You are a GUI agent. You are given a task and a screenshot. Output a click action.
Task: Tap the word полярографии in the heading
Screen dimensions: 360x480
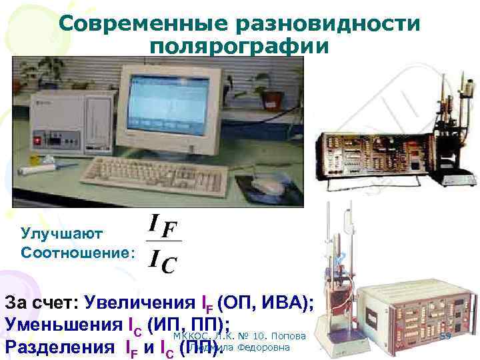pos(239,48)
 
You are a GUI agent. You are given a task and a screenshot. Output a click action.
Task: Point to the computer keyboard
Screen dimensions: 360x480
pos(141,171)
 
